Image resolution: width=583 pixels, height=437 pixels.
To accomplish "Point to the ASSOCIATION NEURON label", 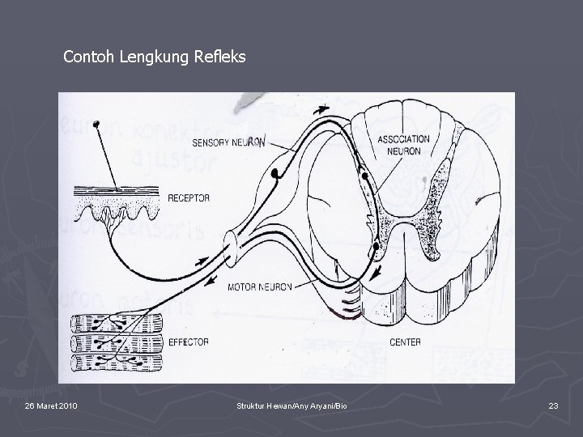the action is tap(403, 145).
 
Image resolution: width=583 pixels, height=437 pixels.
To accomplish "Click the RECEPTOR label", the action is tap(189, 197).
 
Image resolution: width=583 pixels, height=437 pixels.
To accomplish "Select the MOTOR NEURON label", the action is tap(259, 286).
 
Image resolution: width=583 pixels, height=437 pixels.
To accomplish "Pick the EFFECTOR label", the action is tap(188, 342).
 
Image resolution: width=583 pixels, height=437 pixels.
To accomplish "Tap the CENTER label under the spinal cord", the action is tap(405, 342).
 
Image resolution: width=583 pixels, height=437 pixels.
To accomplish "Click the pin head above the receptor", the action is tap(96, 124).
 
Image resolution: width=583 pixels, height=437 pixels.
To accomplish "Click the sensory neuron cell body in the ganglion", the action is tap(277, 173).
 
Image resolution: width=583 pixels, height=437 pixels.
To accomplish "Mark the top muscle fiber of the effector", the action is tap(117, 323).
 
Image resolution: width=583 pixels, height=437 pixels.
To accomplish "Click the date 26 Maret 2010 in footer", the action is tap(52, 405).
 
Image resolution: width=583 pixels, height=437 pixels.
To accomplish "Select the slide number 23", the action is tap(553, 405).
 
